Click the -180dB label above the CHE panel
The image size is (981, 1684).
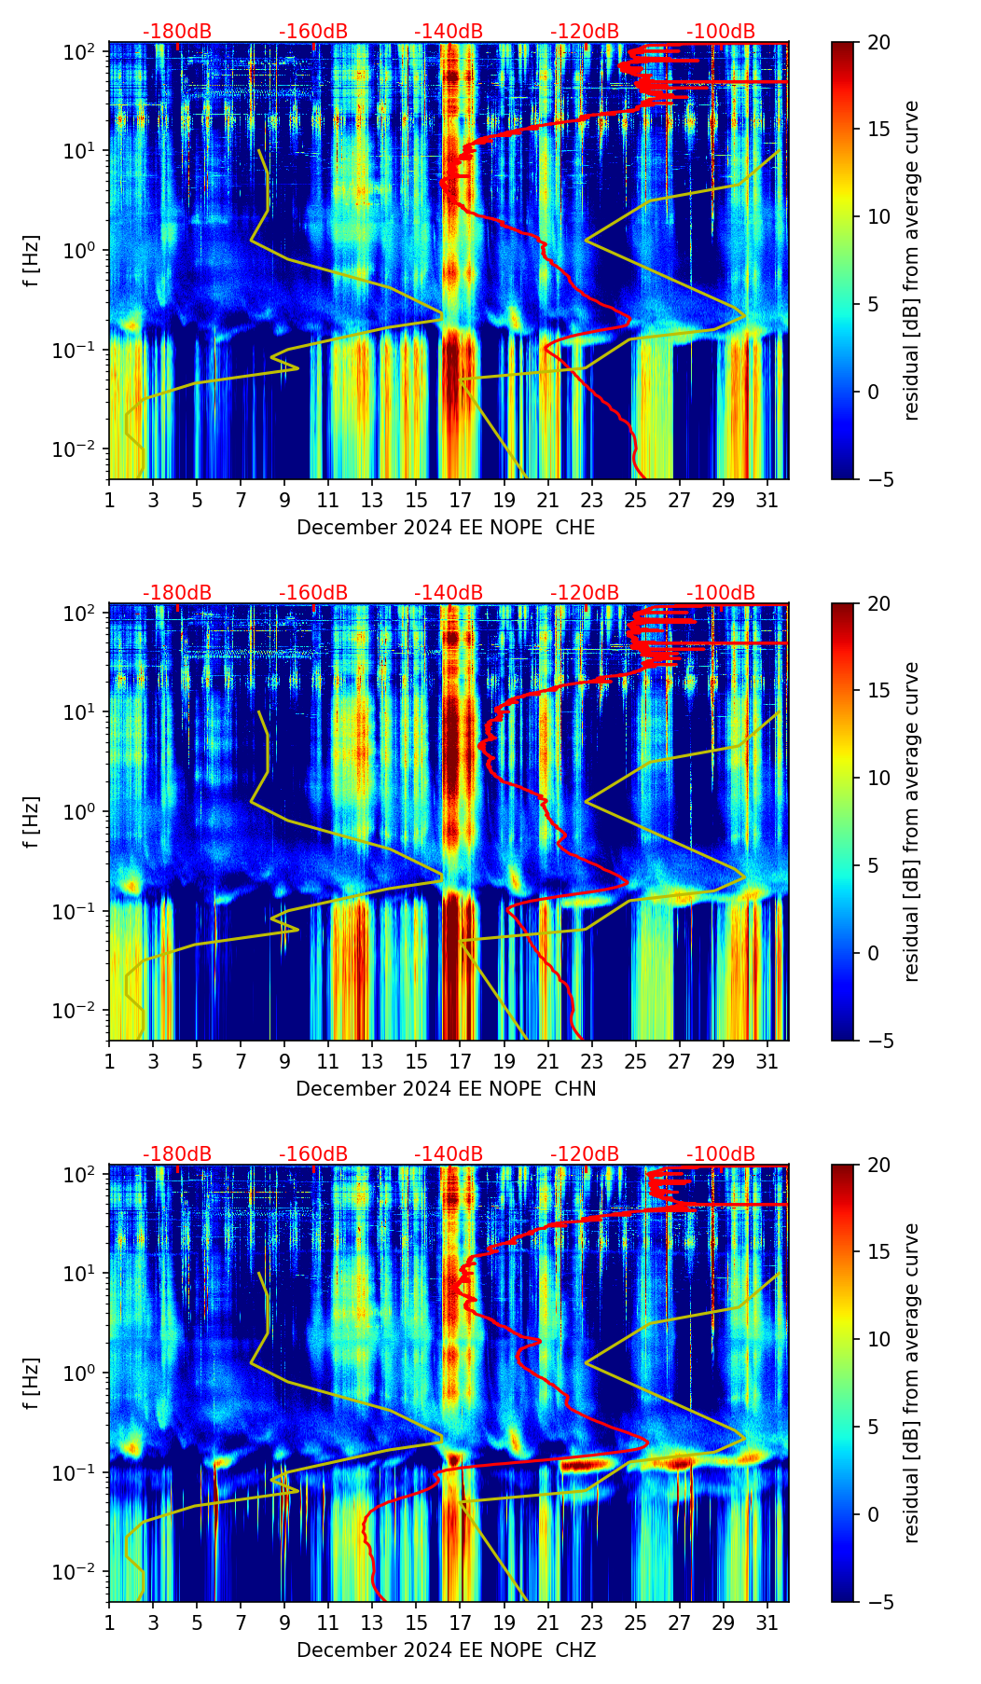pos(177,32)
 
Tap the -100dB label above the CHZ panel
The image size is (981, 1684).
pos(721,1154)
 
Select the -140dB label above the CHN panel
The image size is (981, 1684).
pos(449,593)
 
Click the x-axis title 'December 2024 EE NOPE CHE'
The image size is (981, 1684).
pos(446,528)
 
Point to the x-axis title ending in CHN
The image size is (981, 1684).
pos(446,1089)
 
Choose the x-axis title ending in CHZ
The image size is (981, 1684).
pos(446,1650)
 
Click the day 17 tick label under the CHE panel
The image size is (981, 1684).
pos(461,500)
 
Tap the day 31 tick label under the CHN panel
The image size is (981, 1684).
pos(767,1061)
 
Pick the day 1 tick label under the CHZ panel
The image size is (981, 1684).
pos(109,1622)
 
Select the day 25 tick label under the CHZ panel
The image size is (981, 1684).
pos(636,1622)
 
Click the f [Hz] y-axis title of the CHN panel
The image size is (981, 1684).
pos(32,822)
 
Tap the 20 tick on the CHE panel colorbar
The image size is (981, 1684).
pos(878,42)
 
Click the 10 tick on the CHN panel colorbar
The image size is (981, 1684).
pos(878,778)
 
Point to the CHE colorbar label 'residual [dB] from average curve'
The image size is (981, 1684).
pos(912,260)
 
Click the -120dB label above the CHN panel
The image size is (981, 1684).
pos(585,593)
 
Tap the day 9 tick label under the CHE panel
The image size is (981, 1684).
pos(284,500)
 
